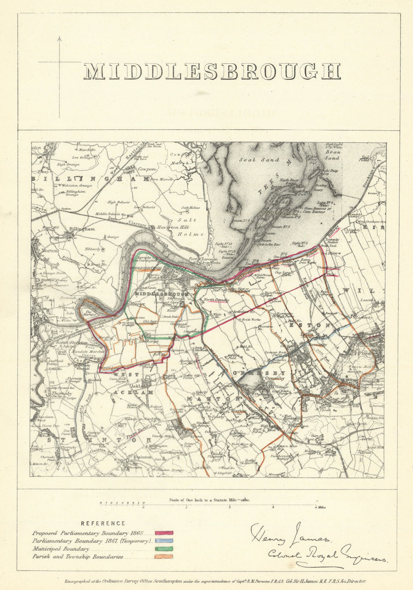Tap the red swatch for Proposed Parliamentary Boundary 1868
[164, 533]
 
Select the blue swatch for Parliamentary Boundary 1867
[164, 541]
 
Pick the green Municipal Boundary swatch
[164, 549]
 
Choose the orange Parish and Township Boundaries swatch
[164, 557]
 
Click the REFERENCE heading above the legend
[103, 524]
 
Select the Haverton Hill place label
[166, 227]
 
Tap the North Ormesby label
[216, 300]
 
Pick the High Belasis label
[117, 202]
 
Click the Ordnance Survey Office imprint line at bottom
[215, 581]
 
